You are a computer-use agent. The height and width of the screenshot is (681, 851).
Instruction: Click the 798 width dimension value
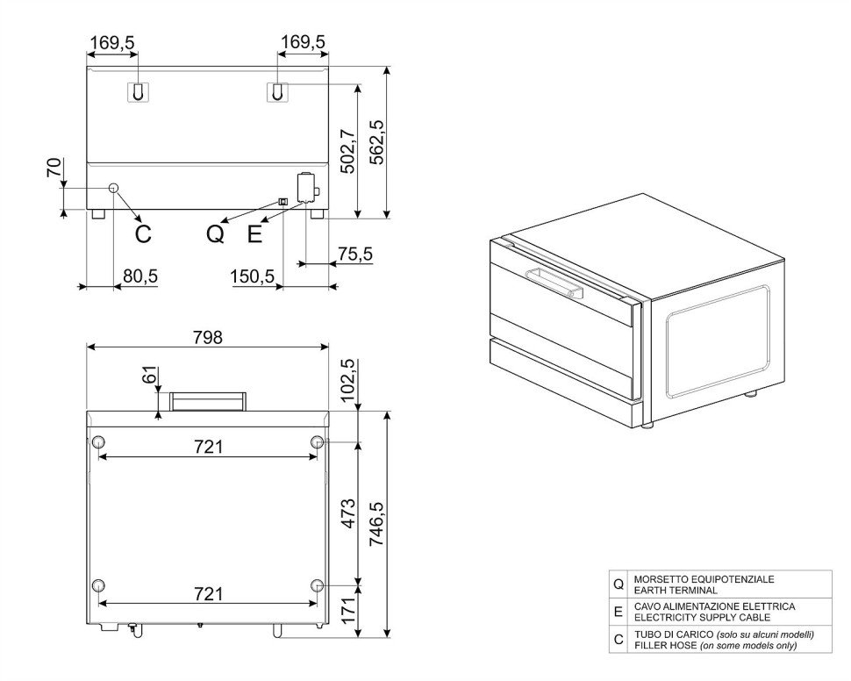208,338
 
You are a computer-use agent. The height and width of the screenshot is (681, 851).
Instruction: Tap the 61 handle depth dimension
150,375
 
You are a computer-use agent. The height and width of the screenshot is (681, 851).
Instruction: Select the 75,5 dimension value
355,254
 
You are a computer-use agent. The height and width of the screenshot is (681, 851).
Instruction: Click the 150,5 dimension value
253,276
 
